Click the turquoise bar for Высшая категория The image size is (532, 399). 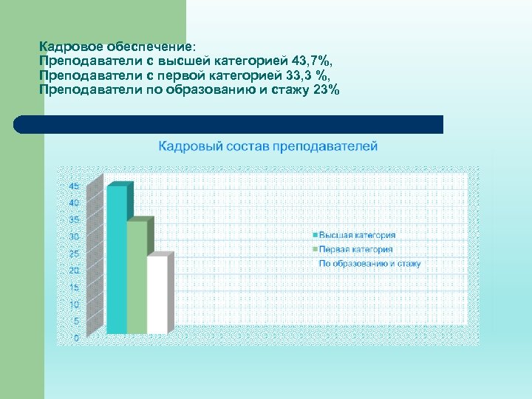[x=117, y=259]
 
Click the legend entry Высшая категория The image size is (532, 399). [x=357, y=235]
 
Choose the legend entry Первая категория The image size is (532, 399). [x=355, y=249]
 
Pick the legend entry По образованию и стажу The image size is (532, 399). [x=369, y=263]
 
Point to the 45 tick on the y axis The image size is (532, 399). [x=74, y=186]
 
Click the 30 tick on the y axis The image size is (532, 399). [x=74, y=236]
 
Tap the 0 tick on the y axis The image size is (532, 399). [x=76, y=338]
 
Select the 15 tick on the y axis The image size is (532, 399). [x=74, y=287]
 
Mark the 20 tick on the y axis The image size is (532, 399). [x=74, y=270]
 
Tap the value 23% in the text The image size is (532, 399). [x=327, y=90]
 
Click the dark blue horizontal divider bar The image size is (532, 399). [x=229, y=124]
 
